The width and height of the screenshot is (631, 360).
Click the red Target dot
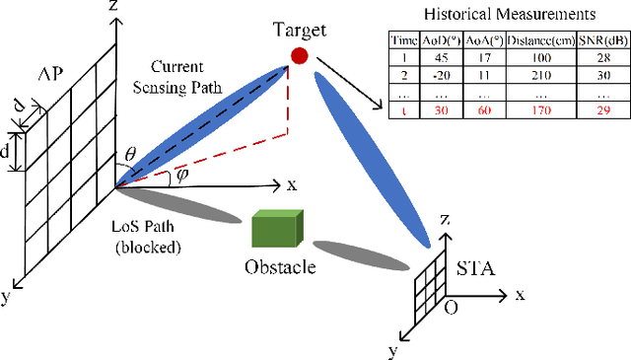[x=297, y=56]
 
